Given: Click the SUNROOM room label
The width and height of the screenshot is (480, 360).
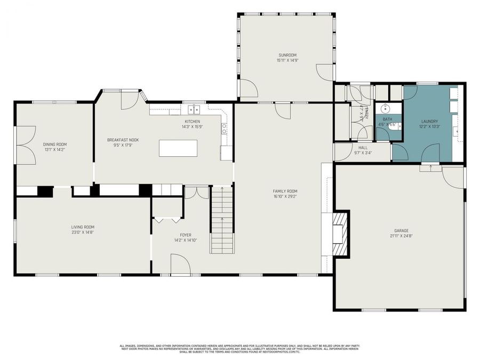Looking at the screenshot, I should [286, 55].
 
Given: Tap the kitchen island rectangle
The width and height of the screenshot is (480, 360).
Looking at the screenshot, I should [178, 148].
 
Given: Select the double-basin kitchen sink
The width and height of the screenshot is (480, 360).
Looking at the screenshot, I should [194, 110].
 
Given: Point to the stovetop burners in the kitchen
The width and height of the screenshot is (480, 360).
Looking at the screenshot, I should [225, 128].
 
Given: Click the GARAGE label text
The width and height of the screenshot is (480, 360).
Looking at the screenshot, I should [401, 231].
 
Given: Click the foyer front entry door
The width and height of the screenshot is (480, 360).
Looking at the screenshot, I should [181, 265].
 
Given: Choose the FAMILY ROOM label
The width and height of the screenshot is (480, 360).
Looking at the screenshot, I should [285, 191].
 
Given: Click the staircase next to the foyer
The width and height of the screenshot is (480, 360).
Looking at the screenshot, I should [222, 219].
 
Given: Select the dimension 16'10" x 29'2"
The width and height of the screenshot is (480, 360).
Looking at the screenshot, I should [285, 196].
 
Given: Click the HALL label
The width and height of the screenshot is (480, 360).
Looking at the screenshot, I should [363, 148].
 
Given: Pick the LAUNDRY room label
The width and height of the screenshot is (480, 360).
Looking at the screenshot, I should [429, 122].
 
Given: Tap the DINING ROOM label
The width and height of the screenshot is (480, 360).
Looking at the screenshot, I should [55, 144].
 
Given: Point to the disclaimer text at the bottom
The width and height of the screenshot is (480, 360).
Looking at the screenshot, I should [239, 348].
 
